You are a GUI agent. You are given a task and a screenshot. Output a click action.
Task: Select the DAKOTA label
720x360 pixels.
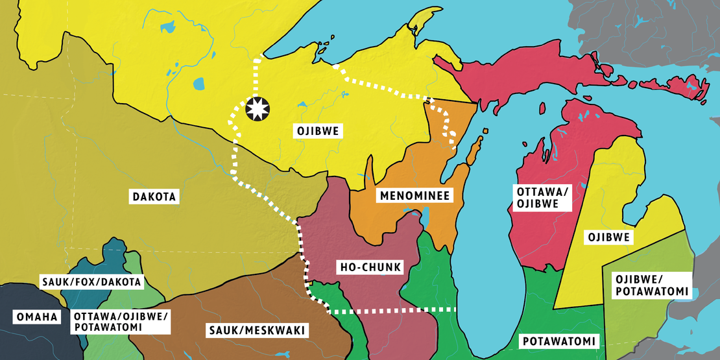(154, 195)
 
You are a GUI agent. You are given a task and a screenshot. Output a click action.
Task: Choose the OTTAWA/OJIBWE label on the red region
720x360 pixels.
(536, 198)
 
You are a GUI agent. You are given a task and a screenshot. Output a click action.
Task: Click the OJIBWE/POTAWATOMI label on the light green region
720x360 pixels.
(651, 285)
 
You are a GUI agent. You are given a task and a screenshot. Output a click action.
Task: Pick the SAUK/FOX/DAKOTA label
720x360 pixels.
(91, 282)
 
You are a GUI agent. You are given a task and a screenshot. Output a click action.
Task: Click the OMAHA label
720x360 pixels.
(36, 317)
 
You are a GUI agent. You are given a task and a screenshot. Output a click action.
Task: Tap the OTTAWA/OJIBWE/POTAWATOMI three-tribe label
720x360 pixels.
(121, 322)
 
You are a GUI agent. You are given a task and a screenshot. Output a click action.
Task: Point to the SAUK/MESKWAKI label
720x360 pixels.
(255, 331)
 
